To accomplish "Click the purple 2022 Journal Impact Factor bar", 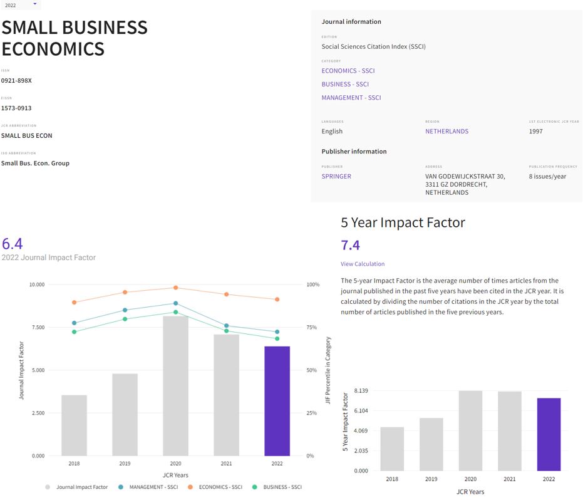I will [277, 401].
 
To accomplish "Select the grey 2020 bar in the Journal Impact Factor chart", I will [175, 385].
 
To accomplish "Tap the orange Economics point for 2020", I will [176, 288].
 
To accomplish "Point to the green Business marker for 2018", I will [74, 331].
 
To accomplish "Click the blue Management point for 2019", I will [125, 310].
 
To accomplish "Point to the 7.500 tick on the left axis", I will [37, 328].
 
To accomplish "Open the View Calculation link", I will [363, 264].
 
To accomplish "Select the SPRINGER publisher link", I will [336, 176].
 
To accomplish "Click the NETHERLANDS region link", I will [446, 131].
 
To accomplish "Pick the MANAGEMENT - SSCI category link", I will [351, 98].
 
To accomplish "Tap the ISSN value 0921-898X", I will [16, 81].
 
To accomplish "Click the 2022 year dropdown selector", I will [19, 5].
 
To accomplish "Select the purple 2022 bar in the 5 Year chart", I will [549, 434].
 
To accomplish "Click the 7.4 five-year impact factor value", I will [350, 245].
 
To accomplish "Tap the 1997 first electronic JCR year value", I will [535, 131].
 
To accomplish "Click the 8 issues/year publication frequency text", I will [547, 176].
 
